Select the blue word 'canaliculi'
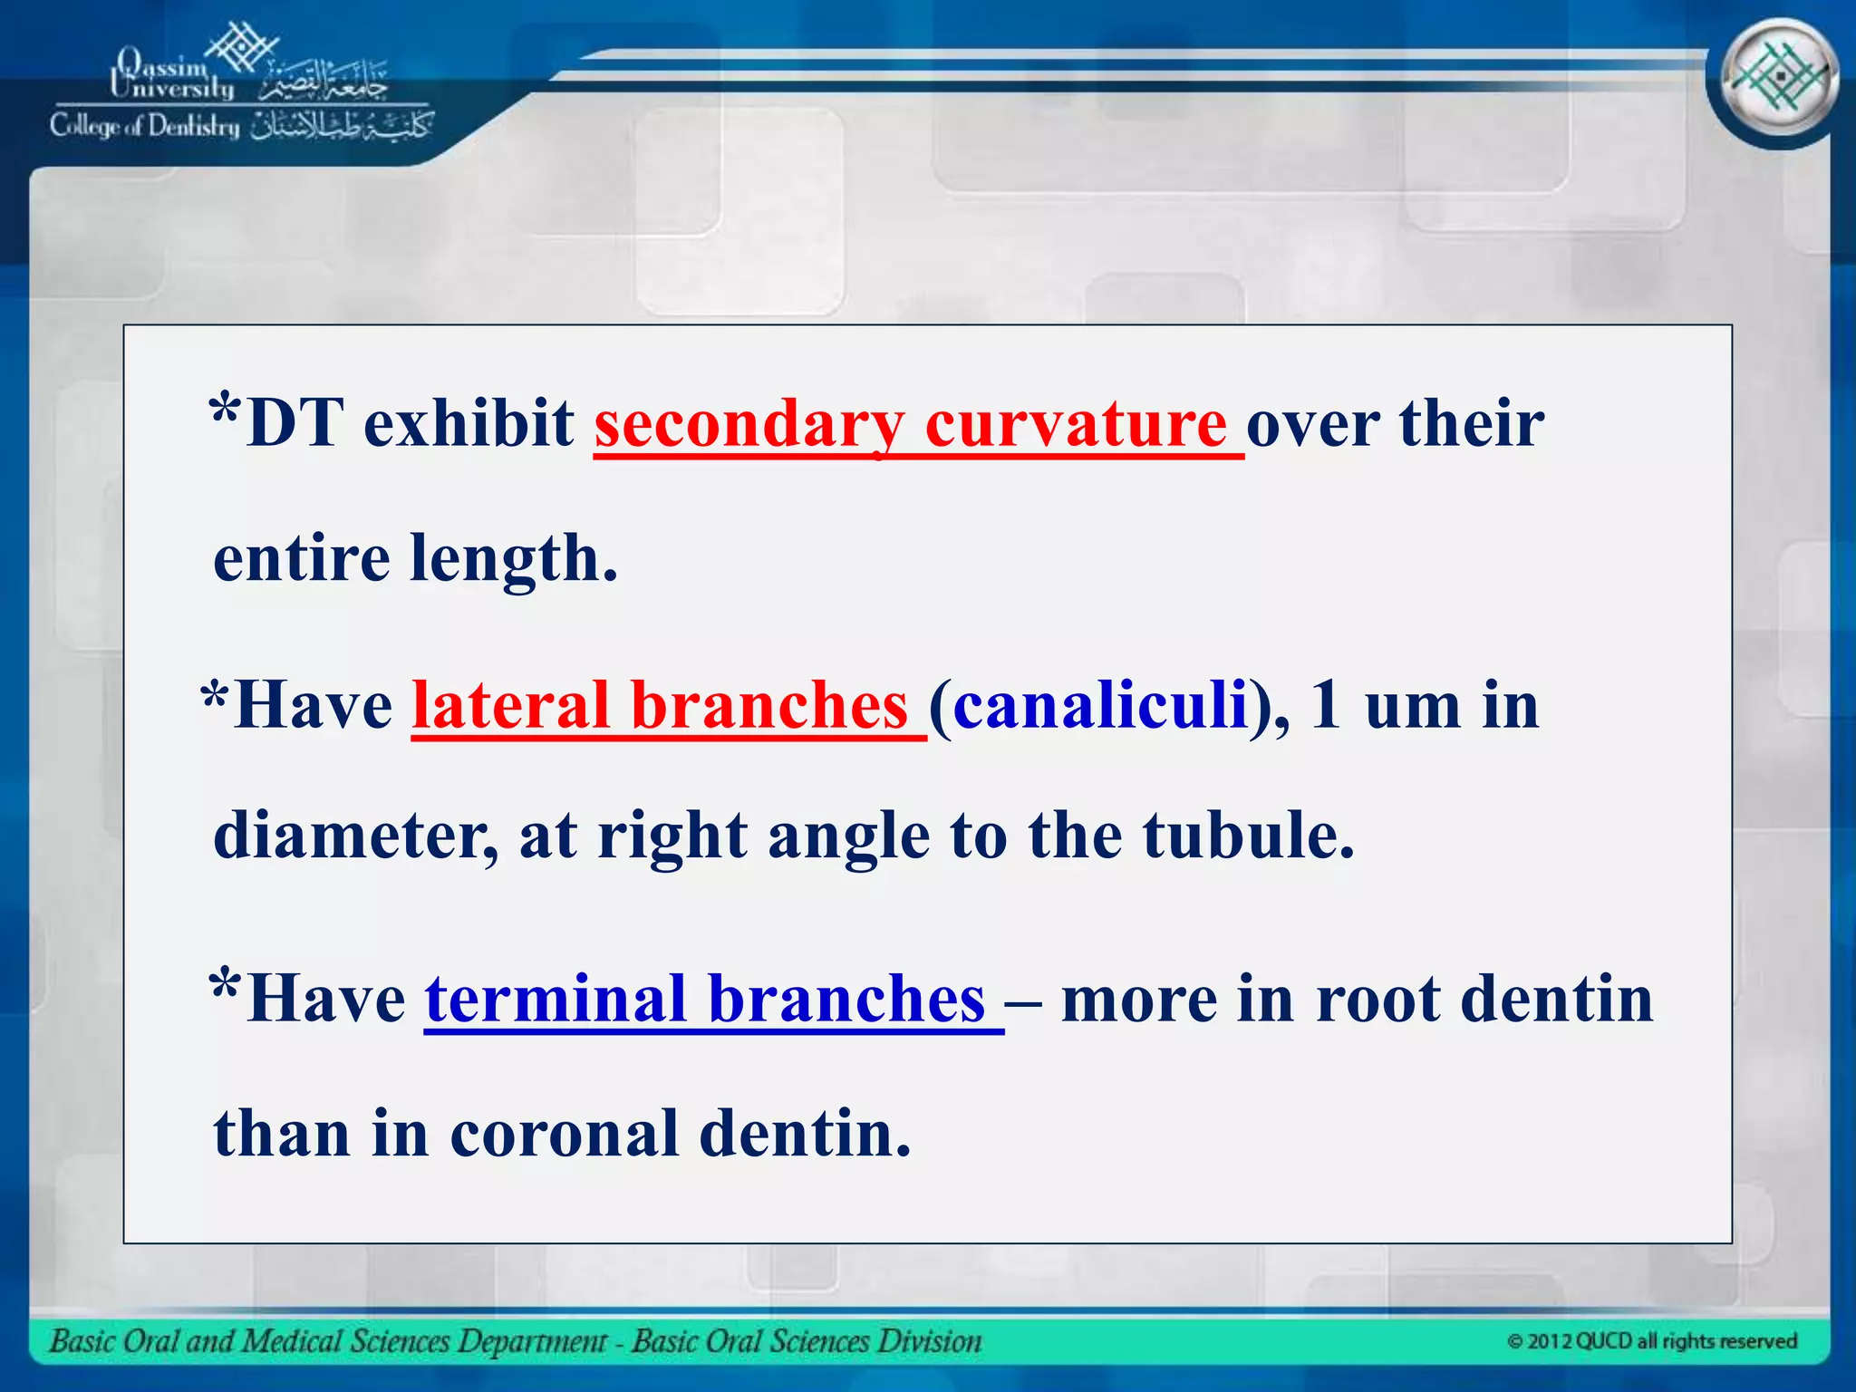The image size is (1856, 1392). click(1100, 706)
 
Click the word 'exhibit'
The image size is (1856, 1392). click(469, 424)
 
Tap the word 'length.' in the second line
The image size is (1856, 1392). click(514, 558)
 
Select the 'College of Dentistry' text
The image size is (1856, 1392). click(145, 126)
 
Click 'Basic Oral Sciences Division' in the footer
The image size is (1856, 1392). click(806, 1341)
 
